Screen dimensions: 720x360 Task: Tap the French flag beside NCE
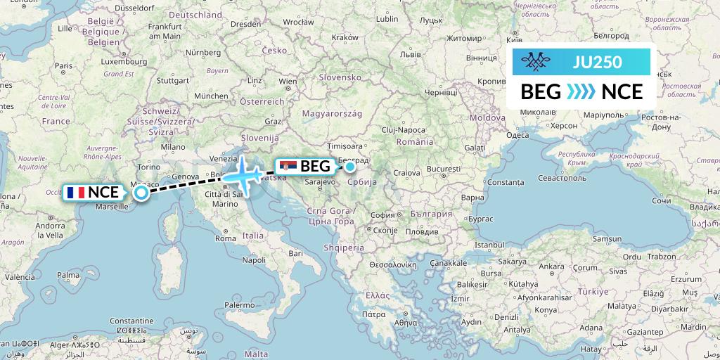click(x=75, y=192)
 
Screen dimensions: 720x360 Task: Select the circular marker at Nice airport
click(x=141, y=192)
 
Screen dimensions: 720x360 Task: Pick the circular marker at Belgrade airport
click(x=349, y=167)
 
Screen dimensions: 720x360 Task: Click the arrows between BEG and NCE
click(x=581, y=92)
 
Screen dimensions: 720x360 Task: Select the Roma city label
click(x=226, y=238)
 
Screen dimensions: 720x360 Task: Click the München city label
click(x=211, y=96)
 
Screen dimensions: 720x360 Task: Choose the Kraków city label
click(x=345, y=37)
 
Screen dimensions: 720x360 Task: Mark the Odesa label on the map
click(x=517, y=134)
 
